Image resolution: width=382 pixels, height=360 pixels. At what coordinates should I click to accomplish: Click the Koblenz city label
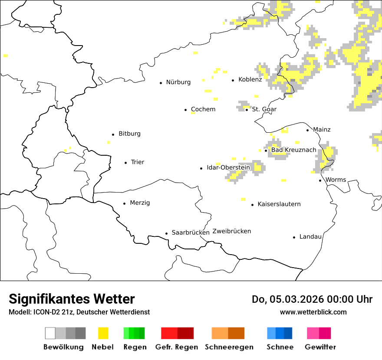(250, 80)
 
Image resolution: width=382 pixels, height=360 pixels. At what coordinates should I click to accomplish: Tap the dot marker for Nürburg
(161, 82)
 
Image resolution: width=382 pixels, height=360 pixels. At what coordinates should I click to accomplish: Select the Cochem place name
(203, 109)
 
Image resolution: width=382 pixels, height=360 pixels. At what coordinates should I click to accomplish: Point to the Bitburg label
(129, 134)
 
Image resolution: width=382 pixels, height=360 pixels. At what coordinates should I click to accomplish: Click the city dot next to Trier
(125, 163)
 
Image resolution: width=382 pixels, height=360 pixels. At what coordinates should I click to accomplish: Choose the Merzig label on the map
(140, 203)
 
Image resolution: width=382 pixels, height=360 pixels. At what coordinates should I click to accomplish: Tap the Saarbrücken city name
(191, 232)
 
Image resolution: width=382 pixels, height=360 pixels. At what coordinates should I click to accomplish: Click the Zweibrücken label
(231, 231)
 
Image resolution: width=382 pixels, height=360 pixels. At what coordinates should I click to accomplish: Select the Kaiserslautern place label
(279, 204)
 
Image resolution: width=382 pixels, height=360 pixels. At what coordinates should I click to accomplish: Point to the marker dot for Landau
(294, 237)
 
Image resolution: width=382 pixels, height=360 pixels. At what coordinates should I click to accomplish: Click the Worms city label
(336, 180)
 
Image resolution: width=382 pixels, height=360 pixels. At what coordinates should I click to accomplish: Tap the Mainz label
(322, 130)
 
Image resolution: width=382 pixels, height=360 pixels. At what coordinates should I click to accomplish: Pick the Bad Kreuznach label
(293, 150)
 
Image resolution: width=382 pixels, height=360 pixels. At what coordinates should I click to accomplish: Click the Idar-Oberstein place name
(228, 167)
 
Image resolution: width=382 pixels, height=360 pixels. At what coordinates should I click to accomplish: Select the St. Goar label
(264, 109)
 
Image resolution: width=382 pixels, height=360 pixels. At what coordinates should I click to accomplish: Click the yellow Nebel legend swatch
(103, 333)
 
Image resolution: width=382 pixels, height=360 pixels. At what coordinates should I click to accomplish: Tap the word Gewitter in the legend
(320, 347)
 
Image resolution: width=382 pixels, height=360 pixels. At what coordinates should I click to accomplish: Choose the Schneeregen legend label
(229, 347)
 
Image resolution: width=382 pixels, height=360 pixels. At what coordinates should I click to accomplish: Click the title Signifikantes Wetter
(72, 299)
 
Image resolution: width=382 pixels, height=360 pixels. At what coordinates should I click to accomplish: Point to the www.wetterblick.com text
(313, 312)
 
